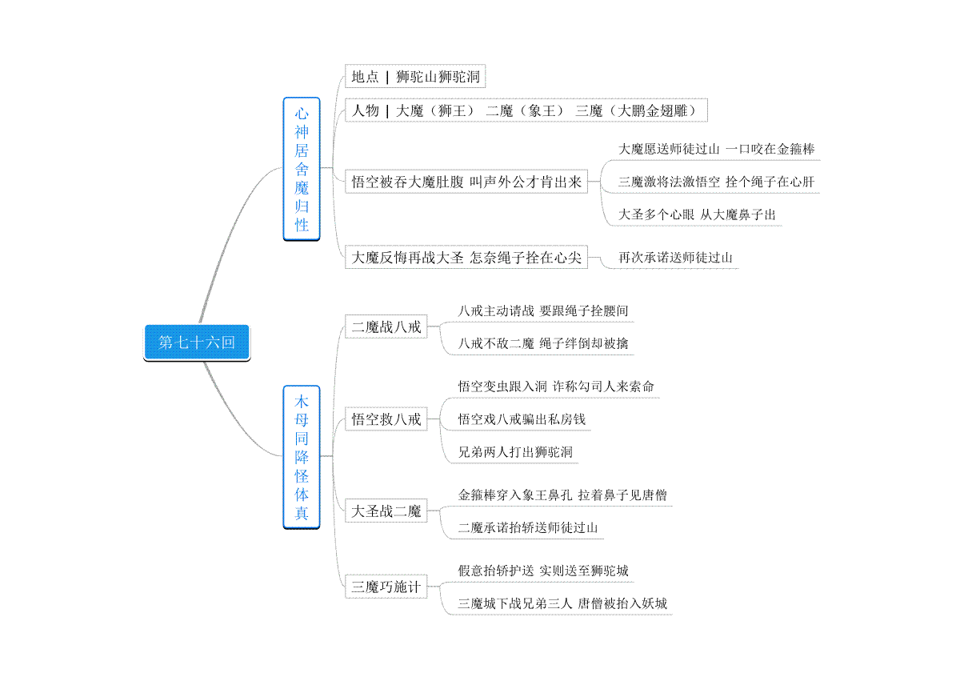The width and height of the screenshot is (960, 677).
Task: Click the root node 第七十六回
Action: pos(197,343)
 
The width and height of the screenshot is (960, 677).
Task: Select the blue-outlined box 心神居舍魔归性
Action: pos(302,169)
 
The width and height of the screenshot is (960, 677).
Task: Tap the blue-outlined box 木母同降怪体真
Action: pos(302,457)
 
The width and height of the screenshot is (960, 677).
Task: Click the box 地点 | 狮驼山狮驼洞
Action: pos(415,76)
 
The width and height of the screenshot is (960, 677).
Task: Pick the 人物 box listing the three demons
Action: pos(526,110)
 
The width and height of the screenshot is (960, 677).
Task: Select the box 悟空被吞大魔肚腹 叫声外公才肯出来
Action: pos(466,182)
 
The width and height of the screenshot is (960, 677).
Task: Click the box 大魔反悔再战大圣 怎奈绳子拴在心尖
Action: pos(466,257)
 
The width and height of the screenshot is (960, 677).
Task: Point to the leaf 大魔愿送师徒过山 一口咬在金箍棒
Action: pos(716,149)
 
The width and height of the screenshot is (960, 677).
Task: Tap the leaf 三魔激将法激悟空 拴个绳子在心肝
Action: pos(716,182)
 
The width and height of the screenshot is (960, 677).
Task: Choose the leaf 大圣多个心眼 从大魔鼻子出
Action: pos(697,214)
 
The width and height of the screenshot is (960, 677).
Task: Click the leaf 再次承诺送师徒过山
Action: pos(675,258)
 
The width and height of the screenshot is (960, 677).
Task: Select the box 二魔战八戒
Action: pos(386,326)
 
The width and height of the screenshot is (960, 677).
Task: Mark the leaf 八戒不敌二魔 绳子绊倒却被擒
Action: pos(542,343)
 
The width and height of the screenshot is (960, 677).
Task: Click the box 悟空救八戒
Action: pos(386,419)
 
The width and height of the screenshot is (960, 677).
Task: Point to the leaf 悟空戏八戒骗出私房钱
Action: pos(521,419)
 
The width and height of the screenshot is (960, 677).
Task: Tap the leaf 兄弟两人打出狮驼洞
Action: pos(515,452)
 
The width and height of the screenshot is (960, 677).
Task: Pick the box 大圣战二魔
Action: pos(386,511)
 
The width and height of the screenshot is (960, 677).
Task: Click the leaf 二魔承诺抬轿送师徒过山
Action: pos(527,528)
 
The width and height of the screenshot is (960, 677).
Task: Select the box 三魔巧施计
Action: pos(386,587)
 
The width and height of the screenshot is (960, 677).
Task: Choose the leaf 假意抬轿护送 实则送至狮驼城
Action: pos(542,571)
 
